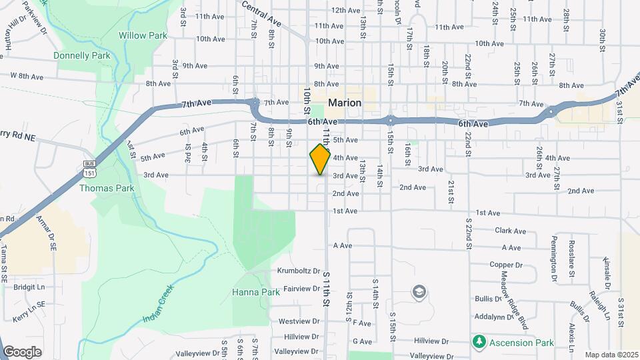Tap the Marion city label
click(x=345, y=103)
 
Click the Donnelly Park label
click(x=83, y=56)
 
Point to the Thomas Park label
click(x=107, y=188)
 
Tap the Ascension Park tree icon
click(x=478, y=342)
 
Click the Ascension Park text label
click(x=520, y=343)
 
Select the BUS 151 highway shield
click(x=89, y=168)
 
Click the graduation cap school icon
click(x=419, y=292)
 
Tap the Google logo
click(x=21, y=351)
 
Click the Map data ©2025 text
click(x=611, y=355)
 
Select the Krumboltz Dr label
click(x=298, y=272)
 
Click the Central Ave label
click(x=261, y=14)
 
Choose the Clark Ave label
click(x=511, y=231)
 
